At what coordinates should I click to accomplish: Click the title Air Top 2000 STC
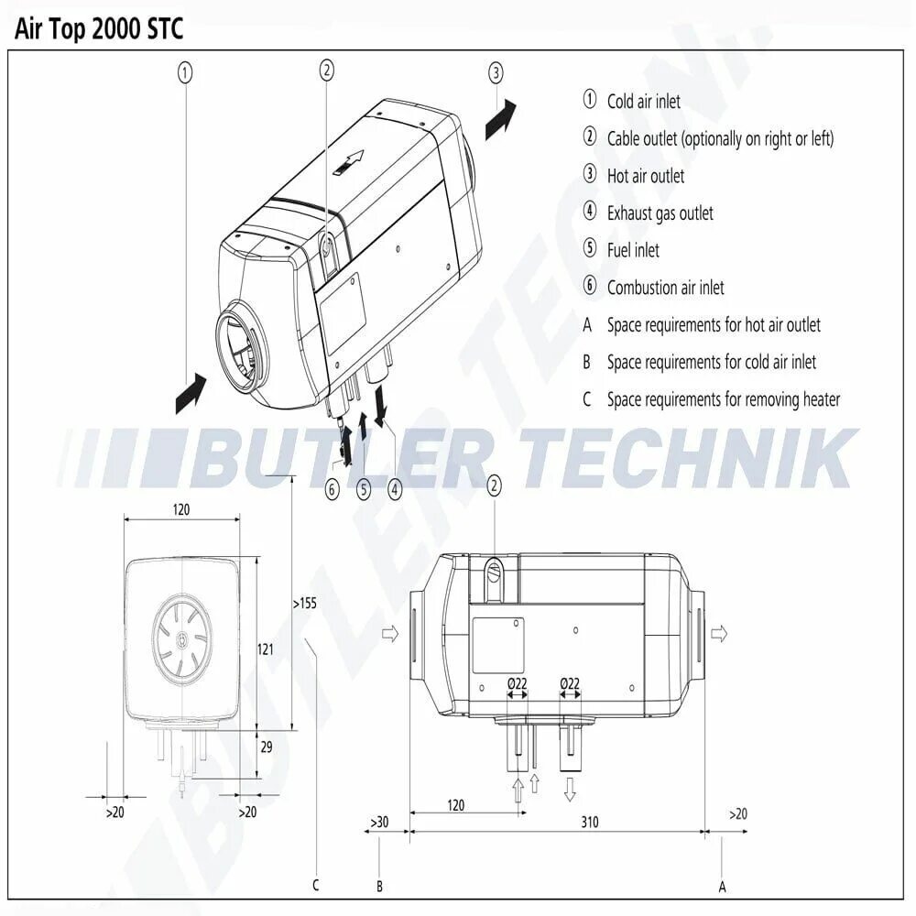click(99, 28)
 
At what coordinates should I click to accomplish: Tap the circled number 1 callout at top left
click(185, 72)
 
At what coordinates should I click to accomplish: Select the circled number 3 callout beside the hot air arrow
click(496, 72)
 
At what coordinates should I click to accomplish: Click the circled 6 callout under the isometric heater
click(333, 489)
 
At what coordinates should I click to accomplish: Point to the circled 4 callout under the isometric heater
click(394, 489)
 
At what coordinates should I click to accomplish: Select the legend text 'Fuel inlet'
click(633, 250)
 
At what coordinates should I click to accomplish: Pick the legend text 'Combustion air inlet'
click(665, 288)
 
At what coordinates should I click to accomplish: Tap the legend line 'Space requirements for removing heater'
click(723, 399)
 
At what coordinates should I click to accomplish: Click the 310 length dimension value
click(589, 822)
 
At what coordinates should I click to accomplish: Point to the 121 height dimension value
click(266, 649)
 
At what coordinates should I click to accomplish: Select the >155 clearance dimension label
click(305, 603)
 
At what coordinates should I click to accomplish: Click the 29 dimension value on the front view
click(267, 747)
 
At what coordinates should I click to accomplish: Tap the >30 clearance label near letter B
click(378, 822)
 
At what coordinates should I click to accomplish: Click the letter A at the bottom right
click(722, 886)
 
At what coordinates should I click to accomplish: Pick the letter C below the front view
click(315, 885)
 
